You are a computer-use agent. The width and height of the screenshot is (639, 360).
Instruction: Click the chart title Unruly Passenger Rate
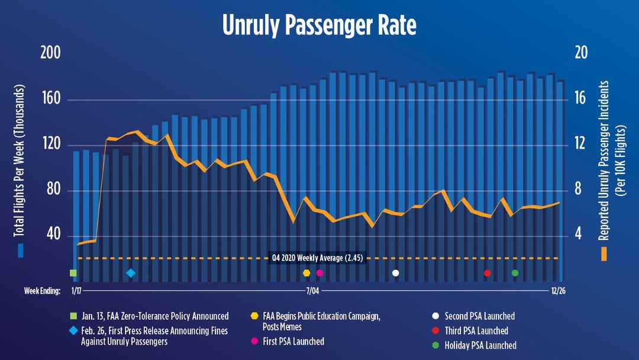(x=319, y=25)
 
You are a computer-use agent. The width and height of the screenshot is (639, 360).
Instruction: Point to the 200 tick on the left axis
(x=50, y=53)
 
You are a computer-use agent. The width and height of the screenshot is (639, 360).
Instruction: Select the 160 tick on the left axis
(x=50, y=99)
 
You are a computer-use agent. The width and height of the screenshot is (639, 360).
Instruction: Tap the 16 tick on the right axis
(x=580, y=99)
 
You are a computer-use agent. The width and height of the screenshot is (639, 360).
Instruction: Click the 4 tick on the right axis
(x=580, y=235)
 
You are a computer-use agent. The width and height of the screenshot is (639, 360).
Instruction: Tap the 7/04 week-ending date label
(x=312, y=291)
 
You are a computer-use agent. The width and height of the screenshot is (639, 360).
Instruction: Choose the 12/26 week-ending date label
(x=558, y=291)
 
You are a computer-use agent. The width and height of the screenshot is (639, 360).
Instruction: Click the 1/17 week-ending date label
(x=76, y=291)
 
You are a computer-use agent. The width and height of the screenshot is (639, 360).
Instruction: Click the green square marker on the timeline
(x=73, y=273)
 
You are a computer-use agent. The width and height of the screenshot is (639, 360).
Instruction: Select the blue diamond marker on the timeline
(x=131, y=273)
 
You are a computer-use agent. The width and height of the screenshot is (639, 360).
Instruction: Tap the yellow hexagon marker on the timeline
(x=306, y=273)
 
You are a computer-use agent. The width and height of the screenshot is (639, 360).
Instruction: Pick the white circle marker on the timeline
(x=396, y=273)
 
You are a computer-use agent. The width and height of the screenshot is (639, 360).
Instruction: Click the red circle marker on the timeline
(x=488, y=273)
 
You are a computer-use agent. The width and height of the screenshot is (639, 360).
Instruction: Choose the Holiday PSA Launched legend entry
(x=480, y=345)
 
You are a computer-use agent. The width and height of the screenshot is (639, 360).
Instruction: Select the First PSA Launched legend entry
(x=293, y=341)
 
